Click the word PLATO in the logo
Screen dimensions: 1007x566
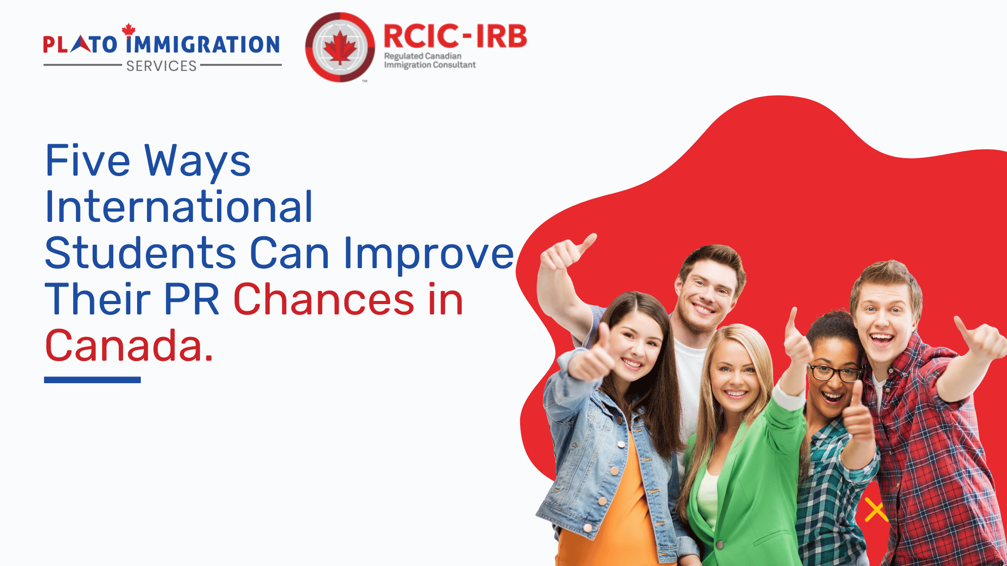point(80,44)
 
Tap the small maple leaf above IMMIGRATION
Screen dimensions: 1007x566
point(129,29)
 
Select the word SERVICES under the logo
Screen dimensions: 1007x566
point(161,66)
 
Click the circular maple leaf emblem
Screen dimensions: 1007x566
point(340,47)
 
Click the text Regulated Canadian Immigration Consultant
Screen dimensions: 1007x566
point(430,60)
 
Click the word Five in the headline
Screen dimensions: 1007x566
point(88,160)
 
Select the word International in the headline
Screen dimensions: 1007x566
point(179,207)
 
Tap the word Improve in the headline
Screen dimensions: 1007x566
point(428,255)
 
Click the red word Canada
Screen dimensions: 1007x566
point(129,345)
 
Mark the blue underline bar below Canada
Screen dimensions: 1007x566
point(92,380)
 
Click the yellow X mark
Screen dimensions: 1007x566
point(876,509)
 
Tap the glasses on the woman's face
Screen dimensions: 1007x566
point(835,373)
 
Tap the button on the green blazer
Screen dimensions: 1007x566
point(720,545)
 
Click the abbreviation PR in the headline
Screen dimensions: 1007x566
point(192,299)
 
